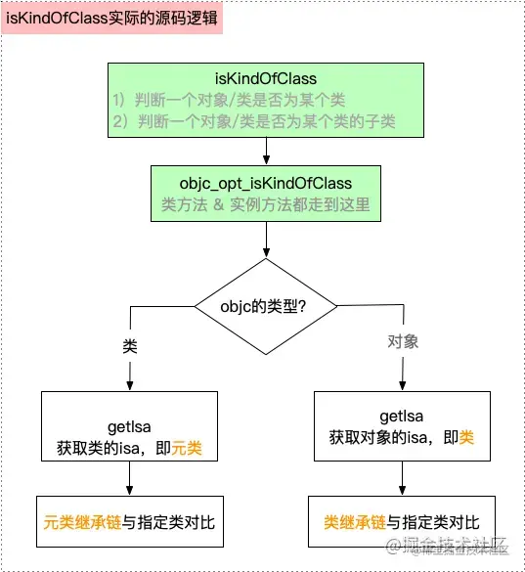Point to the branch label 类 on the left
click(x=129, y=348)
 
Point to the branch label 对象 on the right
click(x=402, y=342)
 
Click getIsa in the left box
click(x=130, y=427)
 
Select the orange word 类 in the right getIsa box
click(x=466, y=436)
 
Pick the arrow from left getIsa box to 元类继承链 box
click(x=130, y=476)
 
